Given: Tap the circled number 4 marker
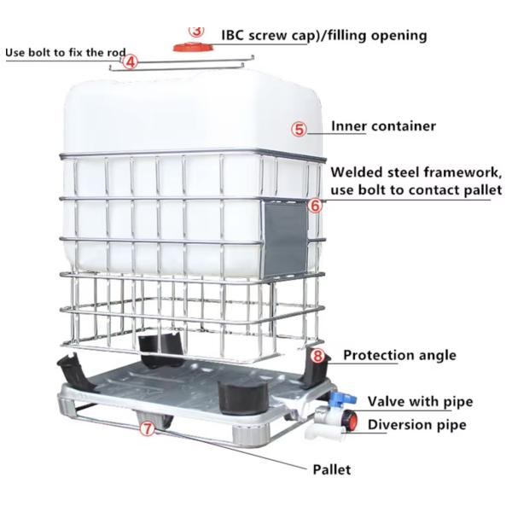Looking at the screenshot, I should click(x=130, y=61).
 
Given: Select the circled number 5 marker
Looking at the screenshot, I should click(x=299, y=129).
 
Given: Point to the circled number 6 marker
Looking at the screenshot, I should click(x=314, y=206).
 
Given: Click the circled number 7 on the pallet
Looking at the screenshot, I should click(x=148, y=429).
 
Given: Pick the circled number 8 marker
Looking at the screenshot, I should click(x=317, y=356).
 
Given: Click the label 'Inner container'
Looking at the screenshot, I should click(x=383, y=126).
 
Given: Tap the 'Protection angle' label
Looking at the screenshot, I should click(x=399, y=355).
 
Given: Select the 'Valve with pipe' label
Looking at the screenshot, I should click(x=420, y=401).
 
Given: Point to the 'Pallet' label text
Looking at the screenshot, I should click(x=331, y=468).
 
